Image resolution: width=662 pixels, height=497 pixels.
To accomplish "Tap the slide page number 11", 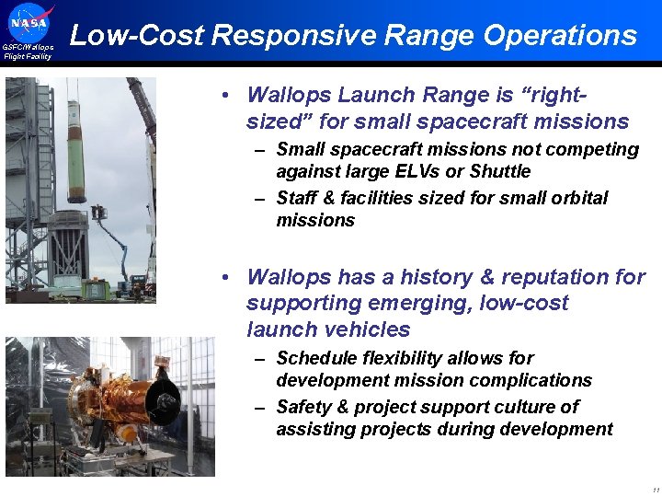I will (x=654, y=489).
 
